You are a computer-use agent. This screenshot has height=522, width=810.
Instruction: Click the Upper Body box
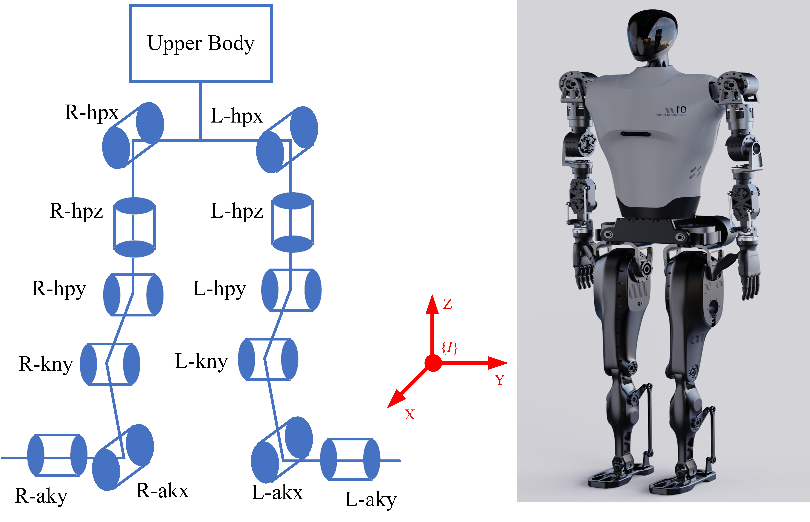click(x=201, y=43)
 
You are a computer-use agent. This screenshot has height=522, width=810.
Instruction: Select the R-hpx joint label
click(x=92, y=113)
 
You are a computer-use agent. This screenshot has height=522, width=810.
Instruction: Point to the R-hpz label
click(x=76, y=211)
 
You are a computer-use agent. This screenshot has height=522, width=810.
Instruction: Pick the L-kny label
click(x=201, y=361)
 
